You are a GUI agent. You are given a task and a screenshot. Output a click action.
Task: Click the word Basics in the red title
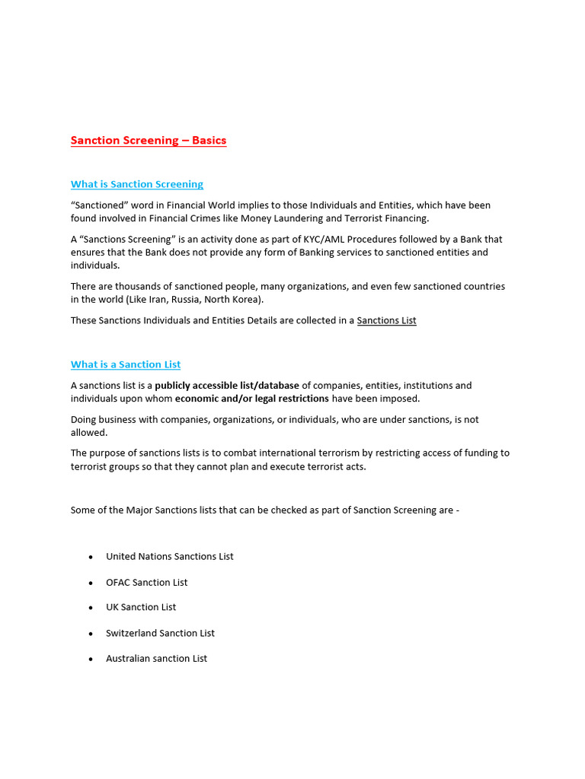pos(209,140)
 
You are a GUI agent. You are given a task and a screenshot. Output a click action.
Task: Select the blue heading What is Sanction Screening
pos(137,184)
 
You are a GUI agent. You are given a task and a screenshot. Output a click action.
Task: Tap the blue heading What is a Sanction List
pos(126,364)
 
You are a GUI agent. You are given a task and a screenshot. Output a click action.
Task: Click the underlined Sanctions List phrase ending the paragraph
pos(386,320)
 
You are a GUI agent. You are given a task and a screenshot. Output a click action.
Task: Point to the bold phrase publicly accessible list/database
pos(227,386)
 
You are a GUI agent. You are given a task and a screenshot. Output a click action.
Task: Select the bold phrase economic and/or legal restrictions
pos(252,399)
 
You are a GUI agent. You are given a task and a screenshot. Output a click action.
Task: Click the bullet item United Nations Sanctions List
pos(170,556)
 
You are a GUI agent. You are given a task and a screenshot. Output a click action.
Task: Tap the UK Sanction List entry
pos(141,607)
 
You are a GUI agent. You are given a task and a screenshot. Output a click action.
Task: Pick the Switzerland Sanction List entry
pos(160,633)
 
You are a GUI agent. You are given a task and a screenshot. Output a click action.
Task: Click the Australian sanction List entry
pos(156,658)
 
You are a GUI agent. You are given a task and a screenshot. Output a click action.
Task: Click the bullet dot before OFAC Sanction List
pos(91,583)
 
